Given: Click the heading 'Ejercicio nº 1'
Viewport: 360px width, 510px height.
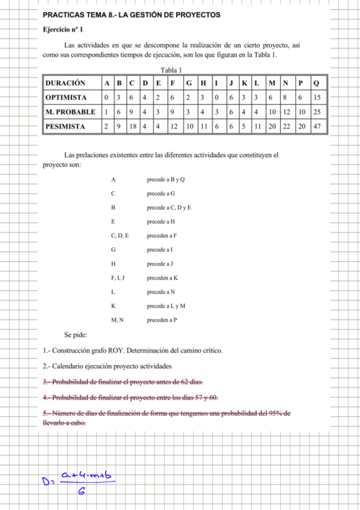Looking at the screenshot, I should coord(63,29).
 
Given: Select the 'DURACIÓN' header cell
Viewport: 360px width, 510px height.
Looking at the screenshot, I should coord(65,83).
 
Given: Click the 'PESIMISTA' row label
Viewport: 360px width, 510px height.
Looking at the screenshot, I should coord(65,126).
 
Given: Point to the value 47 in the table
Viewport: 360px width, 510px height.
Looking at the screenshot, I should coord(317,126).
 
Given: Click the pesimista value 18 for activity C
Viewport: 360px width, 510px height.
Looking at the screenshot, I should coord(134,126).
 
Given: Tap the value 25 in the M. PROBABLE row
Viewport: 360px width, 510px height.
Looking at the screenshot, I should coord(317,112).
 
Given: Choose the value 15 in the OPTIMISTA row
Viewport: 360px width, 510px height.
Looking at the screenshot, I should coord(317,97).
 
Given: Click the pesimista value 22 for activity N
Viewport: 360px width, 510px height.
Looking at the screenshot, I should coord(286,126).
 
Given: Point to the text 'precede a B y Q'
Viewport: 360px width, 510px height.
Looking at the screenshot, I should coord(165,180).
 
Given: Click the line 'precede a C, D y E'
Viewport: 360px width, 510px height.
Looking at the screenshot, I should coord(169,207).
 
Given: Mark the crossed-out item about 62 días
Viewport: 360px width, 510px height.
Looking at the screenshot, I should coord(123,382).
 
